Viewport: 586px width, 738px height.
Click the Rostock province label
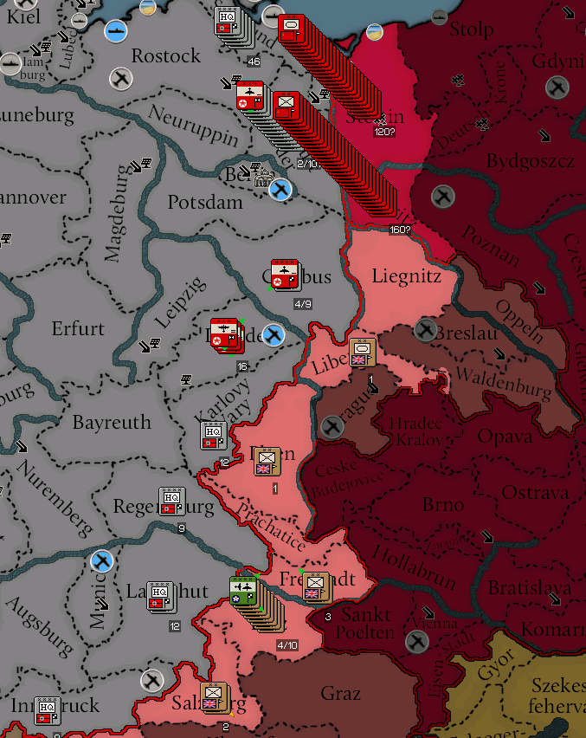point(166,56)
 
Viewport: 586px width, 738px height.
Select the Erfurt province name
point(78,329)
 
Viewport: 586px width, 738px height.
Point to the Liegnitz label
point(407,277)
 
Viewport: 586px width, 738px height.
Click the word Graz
point(341,694)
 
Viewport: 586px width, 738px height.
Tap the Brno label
point(444,504)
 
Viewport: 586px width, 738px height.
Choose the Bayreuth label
point(112,423)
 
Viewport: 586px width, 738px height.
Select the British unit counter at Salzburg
point(214,697)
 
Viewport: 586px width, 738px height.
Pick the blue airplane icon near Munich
point(102,561)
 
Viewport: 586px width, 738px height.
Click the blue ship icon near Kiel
point(116,31)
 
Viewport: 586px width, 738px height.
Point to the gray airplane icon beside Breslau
point(425,329)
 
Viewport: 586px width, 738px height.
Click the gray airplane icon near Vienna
point(418,641)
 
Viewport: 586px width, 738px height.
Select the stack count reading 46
point(254,61)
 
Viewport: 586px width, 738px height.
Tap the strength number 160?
point(400,230)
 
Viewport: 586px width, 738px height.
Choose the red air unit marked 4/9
point(284,275)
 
